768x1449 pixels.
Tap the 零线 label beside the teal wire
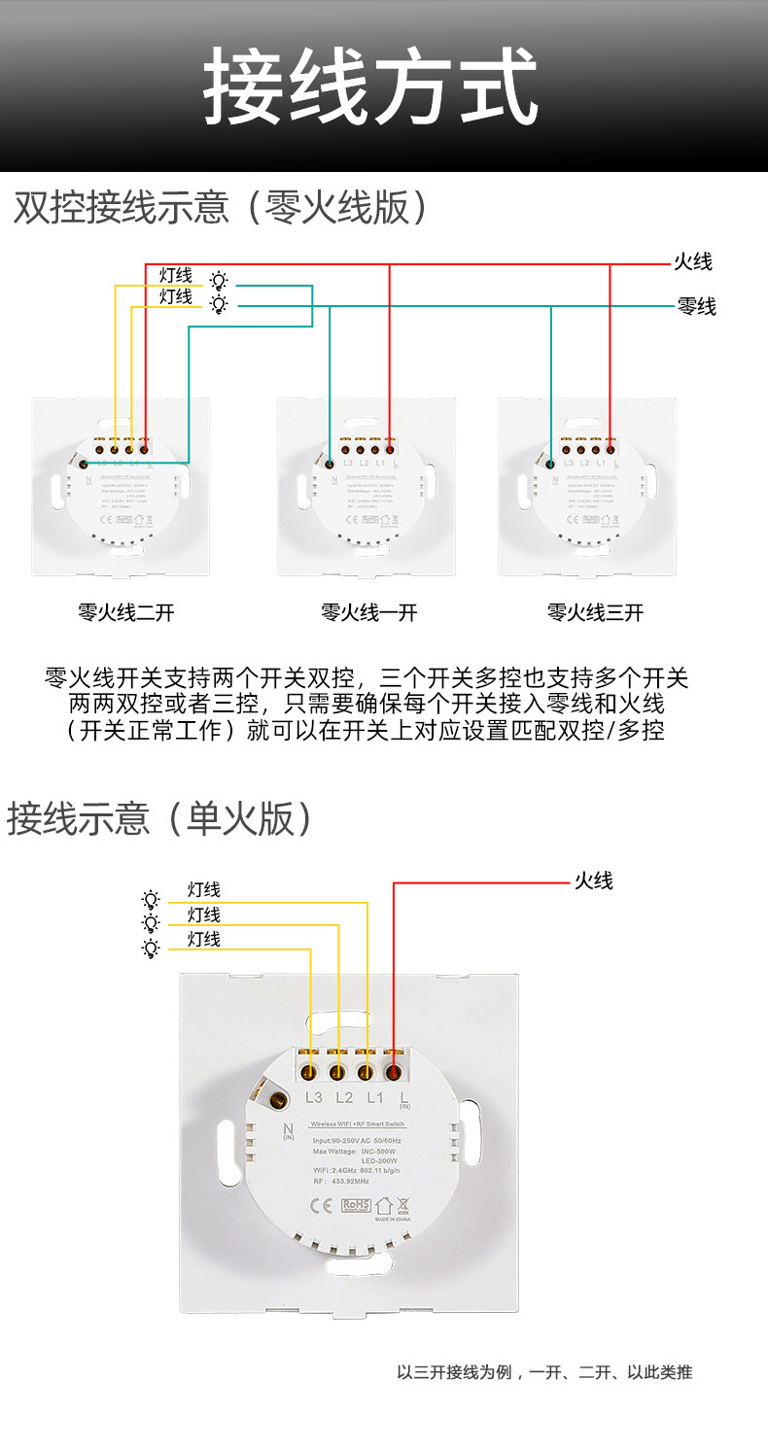(696, 307)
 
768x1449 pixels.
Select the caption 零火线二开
(126, 612)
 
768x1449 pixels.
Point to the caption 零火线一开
(368, 612)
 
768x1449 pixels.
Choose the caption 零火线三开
(595, 612)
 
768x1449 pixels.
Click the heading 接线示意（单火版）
(160, 818)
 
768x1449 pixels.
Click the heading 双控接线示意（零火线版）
(221, 207)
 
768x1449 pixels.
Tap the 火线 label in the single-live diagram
(593, 881)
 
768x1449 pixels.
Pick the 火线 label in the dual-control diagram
(693, 261)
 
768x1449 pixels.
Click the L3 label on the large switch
(313, 1098)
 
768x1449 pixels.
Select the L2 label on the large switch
(343, 1098)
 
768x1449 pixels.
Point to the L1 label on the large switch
(374, 1098)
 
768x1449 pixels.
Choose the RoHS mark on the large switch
(357, 1206)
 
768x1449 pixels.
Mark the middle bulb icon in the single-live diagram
(151, 923)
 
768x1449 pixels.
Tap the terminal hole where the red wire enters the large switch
(394, 1072)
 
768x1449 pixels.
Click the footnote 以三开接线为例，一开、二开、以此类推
(544, 1373)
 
